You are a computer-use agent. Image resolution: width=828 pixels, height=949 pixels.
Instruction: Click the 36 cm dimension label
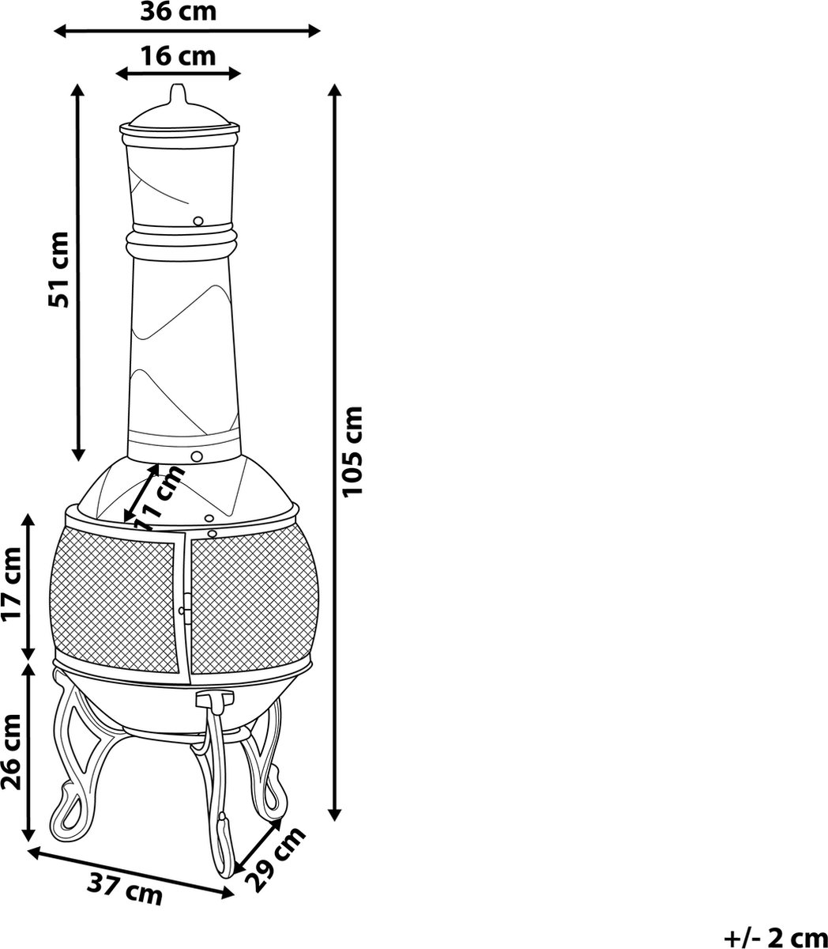pyautogui.click(x=179, y=12)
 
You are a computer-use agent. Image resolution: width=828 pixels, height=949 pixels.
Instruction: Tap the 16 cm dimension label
pyautogui.click(x=179, y=55)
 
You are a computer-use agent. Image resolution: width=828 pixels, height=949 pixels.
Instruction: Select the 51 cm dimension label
pyautogui.click(x=58, y=270)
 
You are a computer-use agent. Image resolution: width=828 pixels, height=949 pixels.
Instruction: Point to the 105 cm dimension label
pyautogui.click(x=352, y=452)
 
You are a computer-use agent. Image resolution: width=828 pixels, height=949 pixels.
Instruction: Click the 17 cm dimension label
pyautogui.click(x=12, y=584)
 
